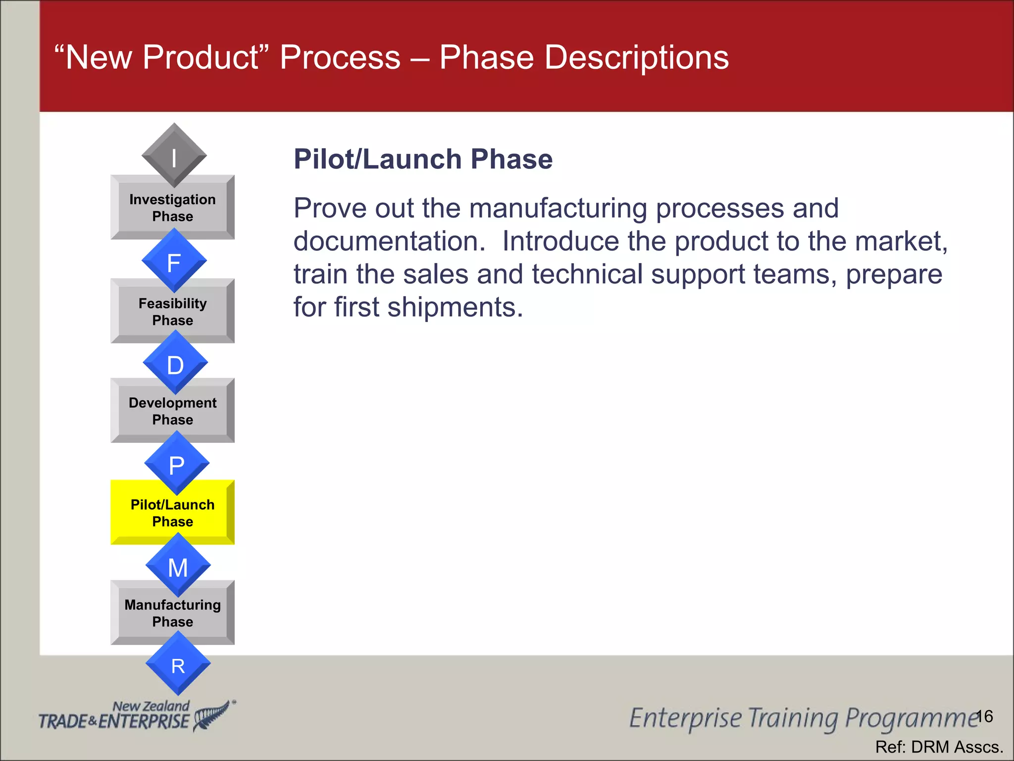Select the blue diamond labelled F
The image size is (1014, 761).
(174, 261)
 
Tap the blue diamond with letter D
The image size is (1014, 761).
(175, 363)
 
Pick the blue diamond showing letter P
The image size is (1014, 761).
(177, 464)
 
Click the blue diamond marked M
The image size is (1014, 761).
(178, 566)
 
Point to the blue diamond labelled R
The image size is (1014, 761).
(178, 664)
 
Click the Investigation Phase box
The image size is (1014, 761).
(172, 208)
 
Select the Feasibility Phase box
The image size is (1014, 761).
(172, 312)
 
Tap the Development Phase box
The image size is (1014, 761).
(172, 412)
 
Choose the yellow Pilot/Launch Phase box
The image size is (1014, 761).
(172, 513)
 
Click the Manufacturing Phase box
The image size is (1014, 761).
(172, 613)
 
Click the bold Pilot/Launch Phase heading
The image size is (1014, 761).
(423, 160)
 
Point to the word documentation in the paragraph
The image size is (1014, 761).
(389, 242)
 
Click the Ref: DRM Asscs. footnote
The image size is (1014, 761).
(939, 747)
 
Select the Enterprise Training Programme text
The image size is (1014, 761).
(802, 718)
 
